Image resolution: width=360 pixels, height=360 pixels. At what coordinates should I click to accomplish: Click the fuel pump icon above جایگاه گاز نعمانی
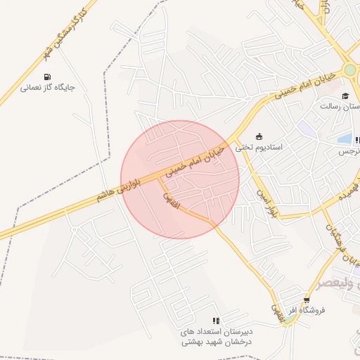pos(47,77)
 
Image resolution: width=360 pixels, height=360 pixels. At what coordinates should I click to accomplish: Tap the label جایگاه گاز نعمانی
pos(47,88)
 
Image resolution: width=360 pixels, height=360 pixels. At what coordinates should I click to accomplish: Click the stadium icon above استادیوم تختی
pos(259,136)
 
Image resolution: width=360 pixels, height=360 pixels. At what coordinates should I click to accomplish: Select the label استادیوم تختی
pos(258,148)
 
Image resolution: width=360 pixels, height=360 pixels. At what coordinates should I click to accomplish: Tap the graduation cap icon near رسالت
pos(345,96)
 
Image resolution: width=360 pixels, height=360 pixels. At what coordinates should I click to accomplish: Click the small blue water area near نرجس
pos(345,140)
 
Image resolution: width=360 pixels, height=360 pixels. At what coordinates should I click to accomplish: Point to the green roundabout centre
pos(349,70)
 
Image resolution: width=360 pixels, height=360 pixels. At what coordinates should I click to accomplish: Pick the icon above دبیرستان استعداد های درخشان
pos(216,321)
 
